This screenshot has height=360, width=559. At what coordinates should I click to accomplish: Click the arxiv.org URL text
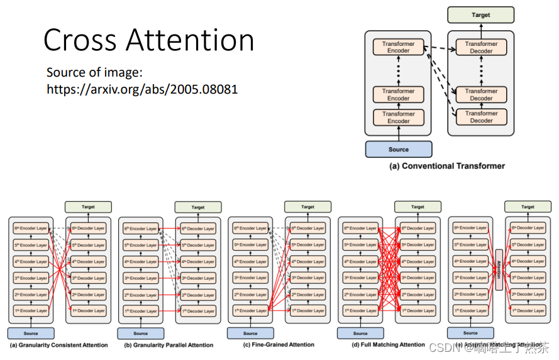[x=142, y=89]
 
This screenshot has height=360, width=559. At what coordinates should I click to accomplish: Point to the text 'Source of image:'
[x=95, y=72]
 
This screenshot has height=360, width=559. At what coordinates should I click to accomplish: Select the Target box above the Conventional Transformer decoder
[x=480, y=15]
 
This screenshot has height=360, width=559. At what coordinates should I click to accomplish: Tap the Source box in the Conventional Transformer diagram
[x=399, y=150]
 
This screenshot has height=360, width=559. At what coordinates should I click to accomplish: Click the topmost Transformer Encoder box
[x=398, y=47]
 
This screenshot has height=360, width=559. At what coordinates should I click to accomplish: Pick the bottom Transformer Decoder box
[x=481, y=117]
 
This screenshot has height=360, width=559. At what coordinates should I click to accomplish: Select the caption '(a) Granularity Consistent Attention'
[x=58, y=345]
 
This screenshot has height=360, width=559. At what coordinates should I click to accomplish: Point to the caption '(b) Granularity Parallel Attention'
[x=169, y=345]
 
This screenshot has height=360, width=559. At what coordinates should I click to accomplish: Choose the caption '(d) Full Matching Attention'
[x=389, y=344]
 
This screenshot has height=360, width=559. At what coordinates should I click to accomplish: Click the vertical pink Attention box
[x=499, y=270]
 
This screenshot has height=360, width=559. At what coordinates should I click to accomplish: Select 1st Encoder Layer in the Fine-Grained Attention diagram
[x=251, y=310]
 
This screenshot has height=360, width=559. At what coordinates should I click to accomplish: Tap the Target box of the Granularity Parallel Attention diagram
[x=198, y=207]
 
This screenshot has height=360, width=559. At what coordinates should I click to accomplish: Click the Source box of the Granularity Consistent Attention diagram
[x=31, y=333]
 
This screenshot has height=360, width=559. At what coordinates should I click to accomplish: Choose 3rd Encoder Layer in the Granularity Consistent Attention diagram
[x=31, y=278]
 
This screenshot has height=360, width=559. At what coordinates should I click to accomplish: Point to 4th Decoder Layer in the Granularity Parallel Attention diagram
[x=199, y=261]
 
